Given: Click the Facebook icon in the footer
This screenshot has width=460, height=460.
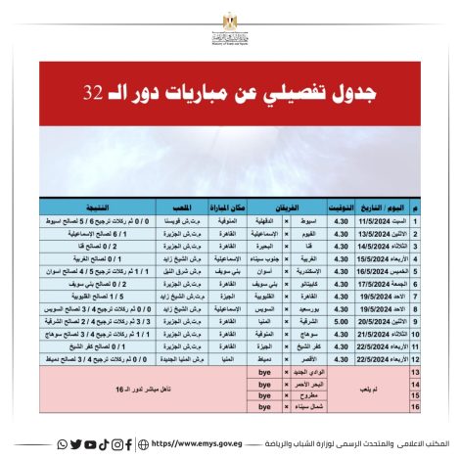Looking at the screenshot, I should (x=129, y=444).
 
